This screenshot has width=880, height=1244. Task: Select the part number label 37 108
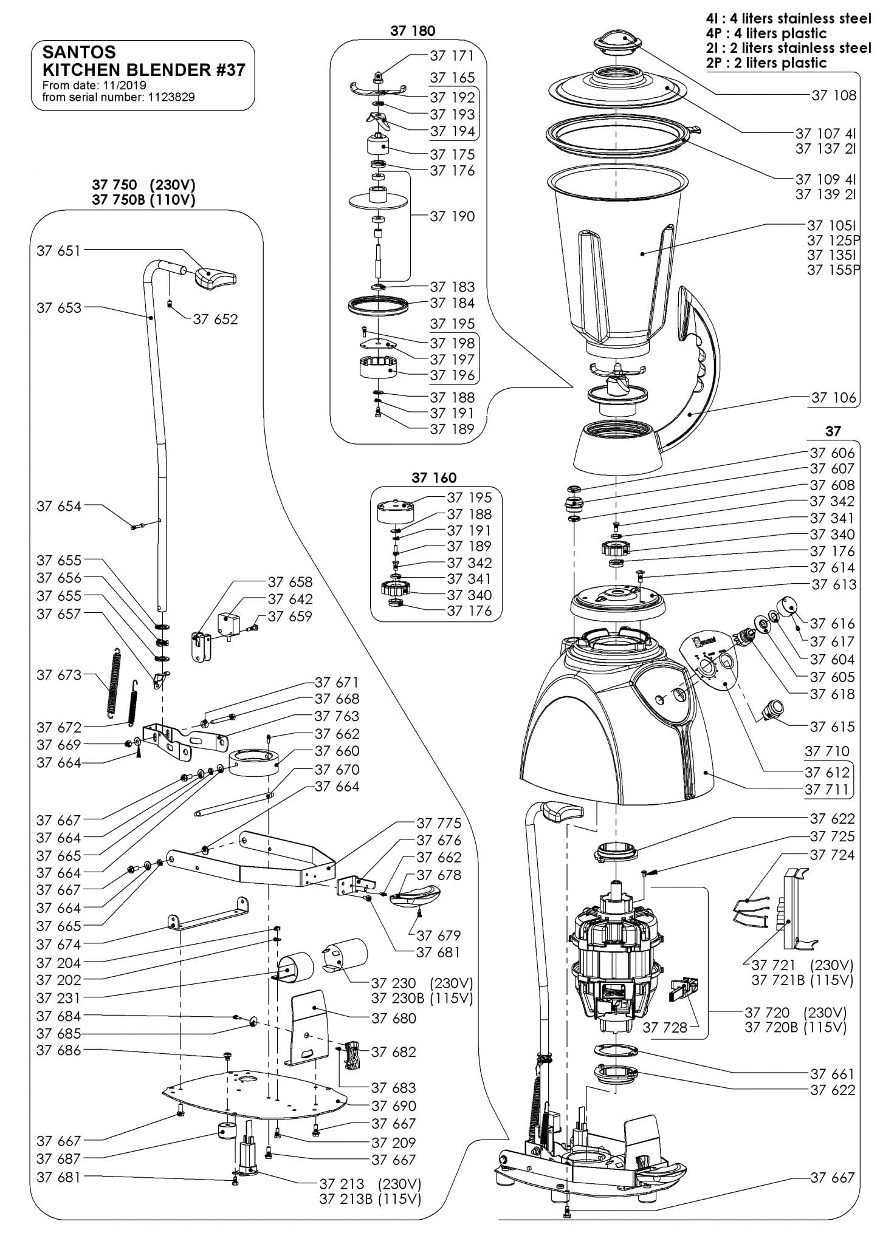point(833,95)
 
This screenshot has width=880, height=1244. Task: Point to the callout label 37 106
point(833,398)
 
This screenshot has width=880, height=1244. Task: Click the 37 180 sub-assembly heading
point(413,31)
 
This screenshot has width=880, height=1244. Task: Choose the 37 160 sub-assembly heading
point(433,477)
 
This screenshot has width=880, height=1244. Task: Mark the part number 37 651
point(58,251)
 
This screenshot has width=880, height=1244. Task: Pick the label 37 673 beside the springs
point(58,675)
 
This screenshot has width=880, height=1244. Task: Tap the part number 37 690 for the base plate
point(394,1106)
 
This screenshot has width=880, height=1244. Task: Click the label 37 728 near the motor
point(665,1027)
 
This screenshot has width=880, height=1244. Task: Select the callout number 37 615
point(832,726)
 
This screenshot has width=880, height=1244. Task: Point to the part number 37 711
point(827,790)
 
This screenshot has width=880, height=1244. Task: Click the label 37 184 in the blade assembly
point(452,303)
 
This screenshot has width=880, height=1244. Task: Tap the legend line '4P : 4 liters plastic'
point(766,33)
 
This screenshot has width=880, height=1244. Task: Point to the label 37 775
point(439,823)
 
